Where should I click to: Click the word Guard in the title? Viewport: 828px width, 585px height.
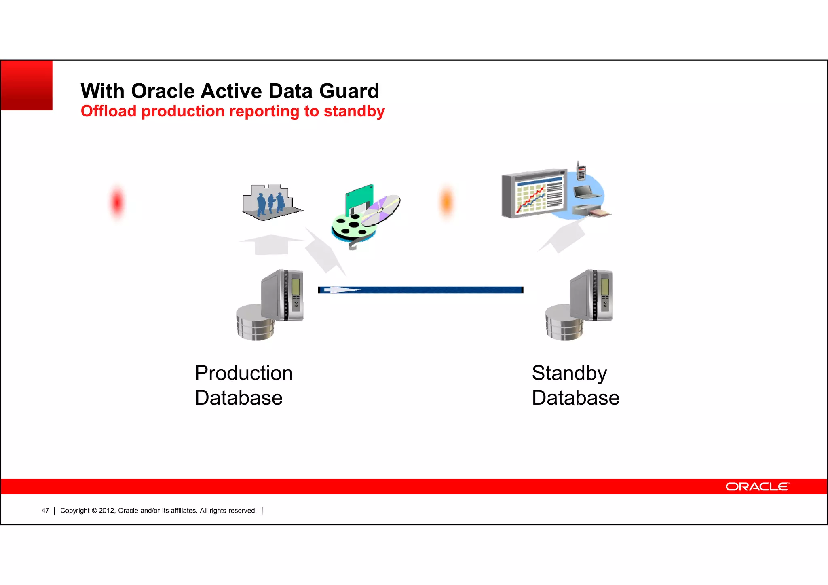click(349, 91)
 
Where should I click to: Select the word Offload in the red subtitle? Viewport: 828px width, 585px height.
click(108, 112)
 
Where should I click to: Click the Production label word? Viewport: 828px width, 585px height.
click(243, 373)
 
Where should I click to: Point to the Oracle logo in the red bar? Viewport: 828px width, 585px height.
click(757, 486)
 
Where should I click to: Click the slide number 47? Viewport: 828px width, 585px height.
click(45, 511)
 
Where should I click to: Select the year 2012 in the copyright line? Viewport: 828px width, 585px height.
click(107, 511)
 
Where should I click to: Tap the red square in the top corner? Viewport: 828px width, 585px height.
click(27, 85)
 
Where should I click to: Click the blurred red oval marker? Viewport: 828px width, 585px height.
click(117, 202)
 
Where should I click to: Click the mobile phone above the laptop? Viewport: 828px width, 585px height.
click(581, 171)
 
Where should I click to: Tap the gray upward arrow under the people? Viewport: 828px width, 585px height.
click(271, 244)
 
